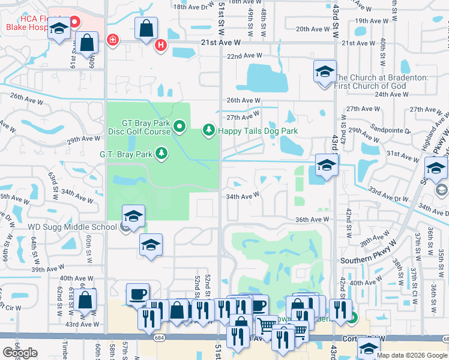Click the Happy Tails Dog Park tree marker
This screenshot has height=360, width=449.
coord(209,130)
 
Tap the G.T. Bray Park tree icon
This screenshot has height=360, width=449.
coord(161,154)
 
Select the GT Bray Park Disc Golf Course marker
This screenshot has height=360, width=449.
coord(181,127)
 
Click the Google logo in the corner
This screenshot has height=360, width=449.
coord(20,353)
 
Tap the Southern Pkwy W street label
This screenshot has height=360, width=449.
coord(369,260)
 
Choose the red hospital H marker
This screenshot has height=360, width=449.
coord(160,45)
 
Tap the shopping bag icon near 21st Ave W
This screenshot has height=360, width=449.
coord(146,28)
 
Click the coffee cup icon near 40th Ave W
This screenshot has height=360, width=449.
coord(138,294)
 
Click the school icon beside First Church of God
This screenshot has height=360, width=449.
coord(325,72)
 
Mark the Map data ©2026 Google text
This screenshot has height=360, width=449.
coord(411,355)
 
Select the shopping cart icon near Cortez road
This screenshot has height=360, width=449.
coord(267,326)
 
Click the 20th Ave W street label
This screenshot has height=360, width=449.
coord(310,29)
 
